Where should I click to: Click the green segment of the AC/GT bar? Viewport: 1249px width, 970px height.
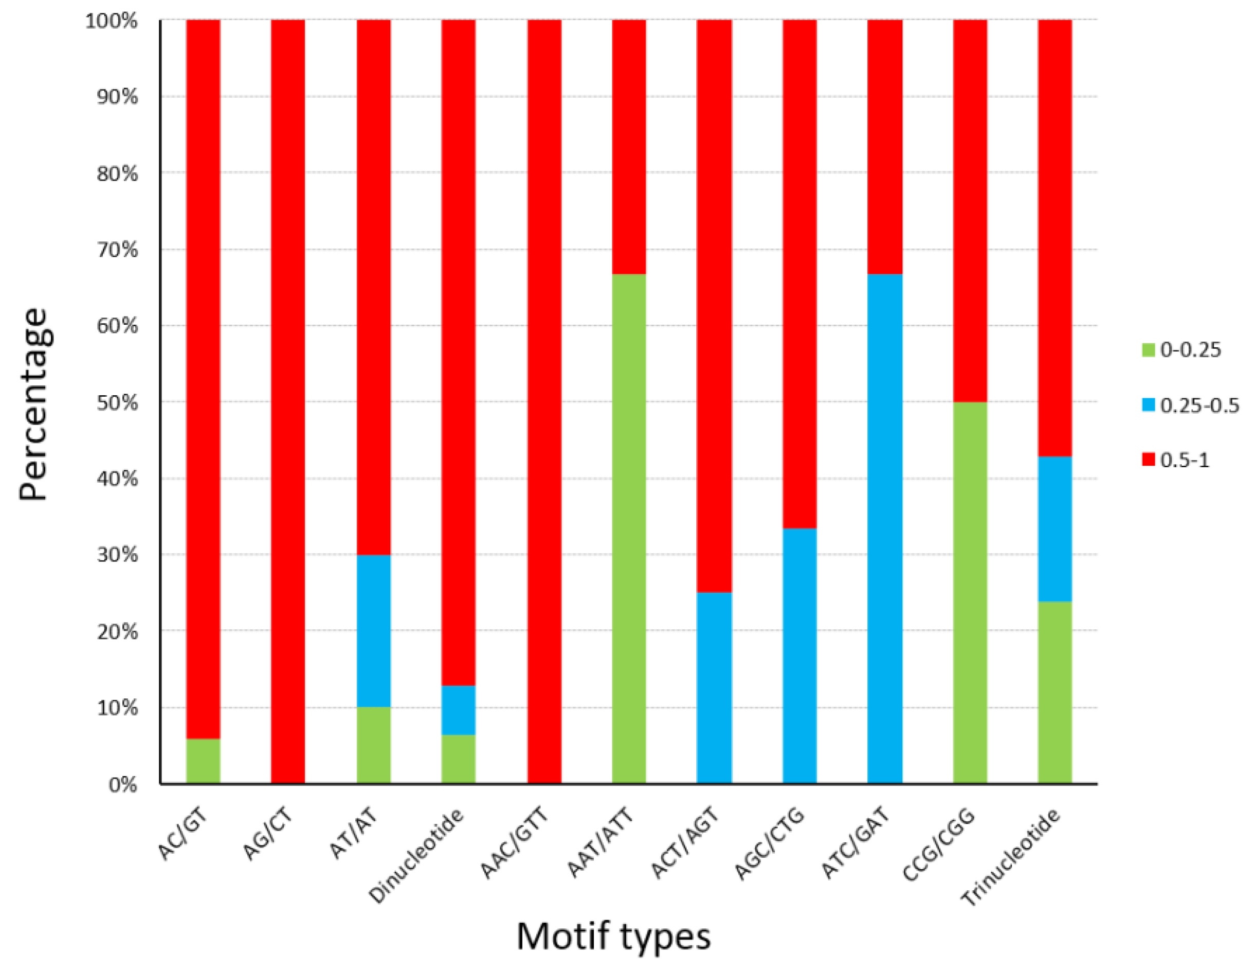coord(203,761)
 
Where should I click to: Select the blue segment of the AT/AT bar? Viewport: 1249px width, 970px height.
coord(373,631)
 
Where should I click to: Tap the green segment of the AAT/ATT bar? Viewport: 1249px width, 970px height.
coord(628,528)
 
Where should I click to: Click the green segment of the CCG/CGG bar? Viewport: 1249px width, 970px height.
coord(969,592)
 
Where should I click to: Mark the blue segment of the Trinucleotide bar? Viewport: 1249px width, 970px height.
coord(1055,529)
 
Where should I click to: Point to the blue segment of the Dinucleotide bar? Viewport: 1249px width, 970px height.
coord(458,710)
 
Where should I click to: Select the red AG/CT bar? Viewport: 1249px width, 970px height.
coord(287,400)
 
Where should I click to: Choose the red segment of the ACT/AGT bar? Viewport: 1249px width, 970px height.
coord(714,306)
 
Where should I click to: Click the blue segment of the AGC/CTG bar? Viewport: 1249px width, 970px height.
coord(799,655)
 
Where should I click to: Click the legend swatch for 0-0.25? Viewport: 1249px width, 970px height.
coord(1148,349)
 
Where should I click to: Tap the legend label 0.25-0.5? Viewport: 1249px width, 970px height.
coord(1199,405)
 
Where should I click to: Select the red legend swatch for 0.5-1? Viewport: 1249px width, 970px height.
coord(1148,460)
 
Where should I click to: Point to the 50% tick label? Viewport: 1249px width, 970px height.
coord(117,402)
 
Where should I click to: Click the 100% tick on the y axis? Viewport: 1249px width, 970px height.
coord(112,21)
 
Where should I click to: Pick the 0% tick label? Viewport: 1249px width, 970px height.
coord(122,785)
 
